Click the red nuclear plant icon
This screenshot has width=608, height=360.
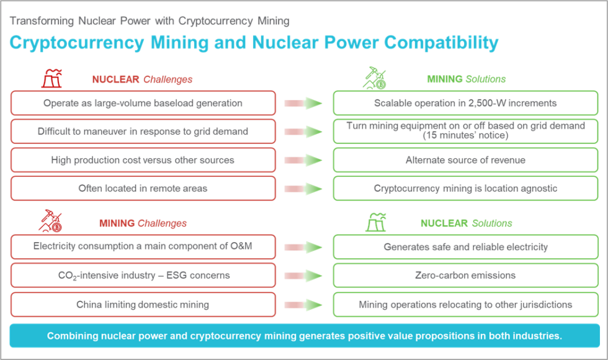tap(52, 78)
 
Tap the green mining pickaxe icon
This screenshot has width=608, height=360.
tap(375, 78)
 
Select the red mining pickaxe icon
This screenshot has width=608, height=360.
tap(50, 221)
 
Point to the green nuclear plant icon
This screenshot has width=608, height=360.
tap(376, 222)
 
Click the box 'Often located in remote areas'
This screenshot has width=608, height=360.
tap(143, 189)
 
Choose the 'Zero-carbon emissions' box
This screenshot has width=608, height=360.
tap(466, 276)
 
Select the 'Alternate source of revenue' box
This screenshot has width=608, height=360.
tap(466, 160)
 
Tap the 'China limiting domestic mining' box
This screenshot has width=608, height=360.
tap(143, 305)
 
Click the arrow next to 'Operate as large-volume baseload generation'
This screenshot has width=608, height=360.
tap(303, 103)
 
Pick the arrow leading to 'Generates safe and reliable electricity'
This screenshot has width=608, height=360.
tap(303, 247)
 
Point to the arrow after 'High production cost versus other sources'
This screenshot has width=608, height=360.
tap(303, 160)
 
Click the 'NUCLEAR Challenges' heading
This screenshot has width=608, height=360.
tap(142, 79)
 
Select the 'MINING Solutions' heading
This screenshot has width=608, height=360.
tap(467, 79)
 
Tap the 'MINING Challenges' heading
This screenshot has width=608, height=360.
tap(143, 223)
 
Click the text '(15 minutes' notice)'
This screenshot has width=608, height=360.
tap(465, 135)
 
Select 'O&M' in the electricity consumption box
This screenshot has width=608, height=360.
tap(241, 246)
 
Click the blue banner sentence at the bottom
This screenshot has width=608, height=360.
tap(305, 336)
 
